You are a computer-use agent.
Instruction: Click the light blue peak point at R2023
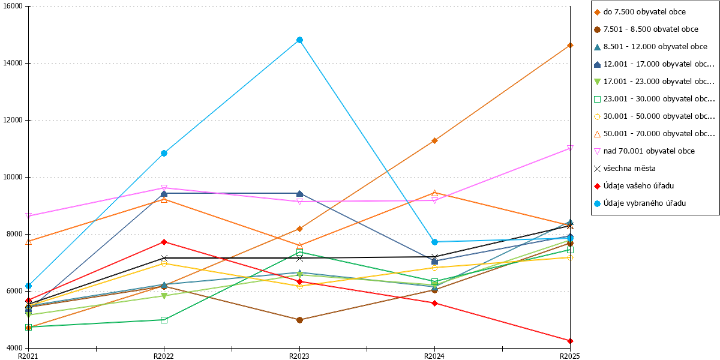(299, 40)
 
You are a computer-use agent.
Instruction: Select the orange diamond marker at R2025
(570, 46)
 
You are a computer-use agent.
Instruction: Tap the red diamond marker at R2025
(570, 341)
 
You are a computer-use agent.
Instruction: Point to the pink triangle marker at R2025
(570, 148)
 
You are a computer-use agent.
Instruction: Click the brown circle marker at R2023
(299, 320)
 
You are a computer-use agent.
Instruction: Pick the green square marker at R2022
(164, 320)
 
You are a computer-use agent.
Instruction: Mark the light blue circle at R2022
(164, 154)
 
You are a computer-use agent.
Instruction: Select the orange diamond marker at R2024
(434, 141)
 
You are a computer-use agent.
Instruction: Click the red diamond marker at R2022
(164, 242)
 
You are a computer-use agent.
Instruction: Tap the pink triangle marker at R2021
(29, 215)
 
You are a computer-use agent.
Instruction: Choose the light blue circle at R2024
(434, 242)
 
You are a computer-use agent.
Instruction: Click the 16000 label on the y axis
(13, 6)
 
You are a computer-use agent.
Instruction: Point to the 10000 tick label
(13, 177)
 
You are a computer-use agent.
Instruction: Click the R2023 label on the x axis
(299, 356)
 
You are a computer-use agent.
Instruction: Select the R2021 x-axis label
(28, 356)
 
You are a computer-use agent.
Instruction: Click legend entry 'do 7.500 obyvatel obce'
(640, 12)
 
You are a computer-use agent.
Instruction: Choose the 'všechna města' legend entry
(625, 169)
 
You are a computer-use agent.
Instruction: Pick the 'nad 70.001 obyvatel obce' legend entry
(644, 151)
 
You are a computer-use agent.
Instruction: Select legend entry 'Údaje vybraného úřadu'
(640, 203)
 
